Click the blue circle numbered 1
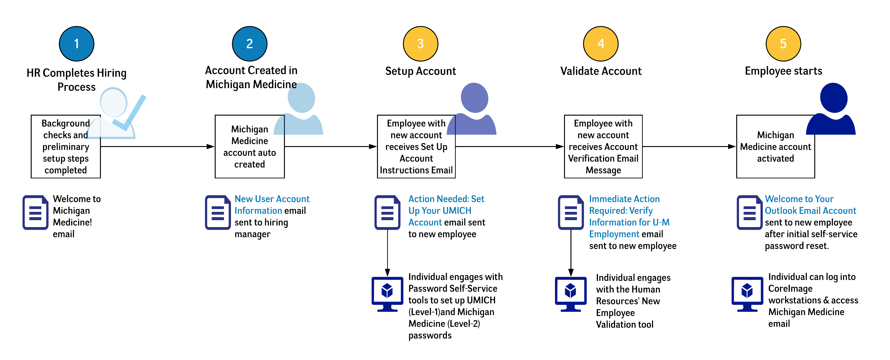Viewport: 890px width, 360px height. [x=76, y=44]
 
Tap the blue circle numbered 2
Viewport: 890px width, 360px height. [x=249, y=44]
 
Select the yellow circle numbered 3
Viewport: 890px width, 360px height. [x=420, y=44]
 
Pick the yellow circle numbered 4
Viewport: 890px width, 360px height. [x=601, y=44]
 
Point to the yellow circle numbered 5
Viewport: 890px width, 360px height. [x=783, y=44]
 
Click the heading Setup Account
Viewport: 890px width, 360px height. [x=420, y=71]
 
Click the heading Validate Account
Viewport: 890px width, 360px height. [x=601, y=71]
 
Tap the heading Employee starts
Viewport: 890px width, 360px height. [x=783, y=71]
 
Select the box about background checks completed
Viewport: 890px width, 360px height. [x=66, y=147]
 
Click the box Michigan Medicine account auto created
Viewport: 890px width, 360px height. [x=249, y=147]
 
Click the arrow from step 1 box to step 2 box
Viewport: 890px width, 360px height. [x=157, y=147]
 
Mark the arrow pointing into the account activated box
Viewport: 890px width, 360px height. [x=689, y=147]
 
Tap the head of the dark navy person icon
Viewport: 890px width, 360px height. [x=833, y=98]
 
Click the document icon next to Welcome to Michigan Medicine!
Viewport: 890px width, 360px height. [x=35, y=213]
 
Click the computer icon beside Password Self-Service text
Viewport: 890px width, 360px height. [x=387, y=294]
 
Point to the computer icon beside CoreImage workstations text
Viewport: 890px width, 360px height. [x=747, y=294]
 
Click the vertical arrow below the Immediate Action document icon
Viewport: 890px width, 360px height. [x=571, y=252]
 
